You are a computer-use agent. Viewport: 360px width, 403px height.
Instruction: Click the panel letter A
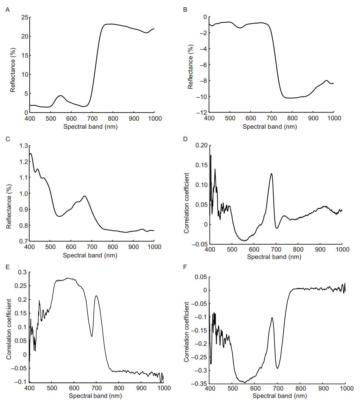[7, 10]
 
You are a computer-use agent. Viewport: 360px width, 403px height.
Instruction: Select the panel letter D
[185, 139]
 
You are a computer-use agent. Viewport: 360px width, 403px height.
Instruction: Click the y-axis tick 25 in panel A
[25, 17]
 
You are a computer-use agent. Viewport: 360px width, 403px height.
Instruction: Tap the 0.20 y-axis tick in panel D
[201, 145]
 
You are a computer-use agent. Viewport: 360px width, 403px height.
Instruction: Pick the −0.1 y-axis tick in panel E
[22, 382]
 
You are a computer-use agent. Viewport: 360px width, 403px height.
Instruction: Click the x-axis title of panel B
[270, 127]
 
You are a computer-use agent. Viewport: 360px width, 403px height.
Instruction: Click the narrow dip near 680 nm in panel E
[92, 336]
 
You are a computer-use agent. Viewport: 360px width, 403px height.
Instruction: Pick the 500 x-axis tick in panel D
[232, 249]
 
